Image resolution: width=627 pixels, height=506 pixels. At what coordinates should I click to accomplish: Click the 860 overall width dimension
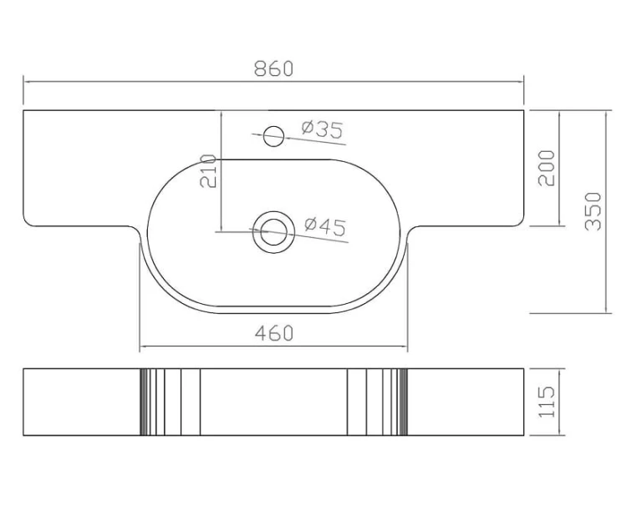tap(274, 68)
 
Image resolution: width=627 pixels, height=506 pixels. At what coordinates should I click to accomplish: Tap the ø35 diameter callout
tap(323, 129)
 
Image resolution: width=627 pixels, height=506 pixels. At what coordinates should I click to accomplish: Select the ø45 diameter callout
tap(325, 226)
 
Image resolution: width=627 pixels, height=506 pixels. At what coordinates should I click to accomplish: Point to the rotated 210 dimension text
tap(208, 171)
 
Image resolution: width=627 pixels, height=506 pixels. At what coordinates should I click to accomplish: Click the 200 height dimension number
tap(547, 168)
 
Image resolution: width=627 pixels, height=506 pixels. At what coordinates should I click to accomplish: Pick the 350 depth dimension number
tap(593, 211)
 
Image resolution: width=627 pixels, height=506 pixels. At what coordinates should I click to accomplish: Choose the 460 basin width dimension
tap(274, 333)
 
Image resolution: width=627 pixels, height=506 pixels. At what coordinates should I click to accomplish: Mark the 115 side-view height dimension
tap(547, 402)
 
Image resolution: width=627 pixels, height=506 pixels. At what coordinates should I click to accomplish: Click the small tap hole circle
tap(274, 136)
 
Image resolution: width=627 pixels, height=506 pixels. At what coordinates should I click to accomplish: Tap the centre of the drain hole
tap(273, 232)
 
